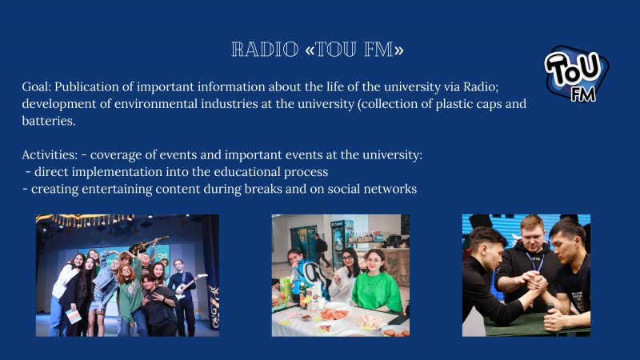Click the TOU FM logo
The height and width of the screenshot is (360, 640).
pyautogui.click(x=576, y=74)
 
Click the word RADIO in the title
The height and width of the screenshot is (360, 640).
pyautogui.click(x=265, y=50)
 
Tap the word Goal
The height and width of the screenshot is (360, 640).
pyautogui.click(x=36, y=86)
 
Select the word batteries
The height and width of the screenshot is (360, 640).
pyautogui.click(x=49, y=121)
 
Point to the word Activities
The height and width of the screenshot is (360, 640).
pyautogui.click(x=50, y=154)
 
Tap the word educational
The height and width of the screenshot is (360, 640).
pyautogui.click(x=247, y=172)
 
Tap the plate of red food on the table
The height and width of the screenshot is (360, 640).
pyautogui.click(x=334, y=314)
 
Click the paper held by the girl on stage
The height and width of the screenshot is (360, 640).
pyautogui.click(x=74, y=316)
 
